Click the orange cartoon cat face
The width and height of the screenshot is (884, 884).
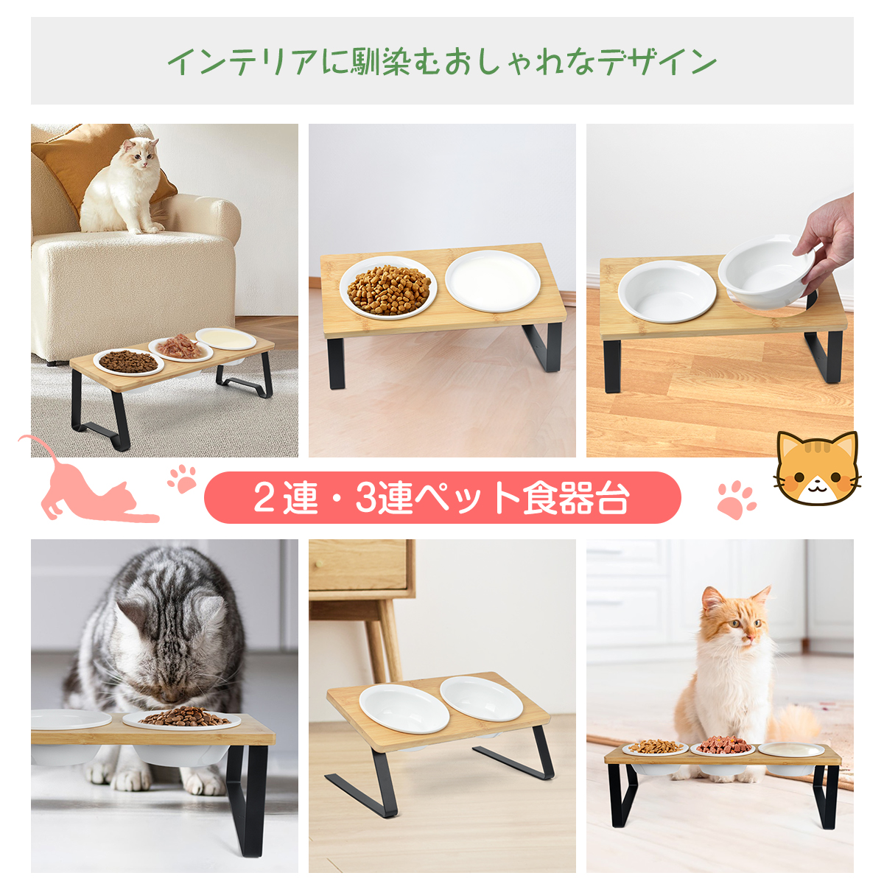(816, 468)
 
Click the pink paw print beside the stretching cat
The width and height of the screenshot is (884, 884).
(182, 479)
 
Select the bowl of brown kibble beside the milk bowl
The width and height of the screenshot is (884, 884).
(388, 287)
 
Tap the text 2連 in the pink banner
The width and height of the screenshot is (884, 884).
(285, 498)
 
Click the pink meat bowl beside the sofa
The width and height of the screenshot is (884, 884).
(180, 349)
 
